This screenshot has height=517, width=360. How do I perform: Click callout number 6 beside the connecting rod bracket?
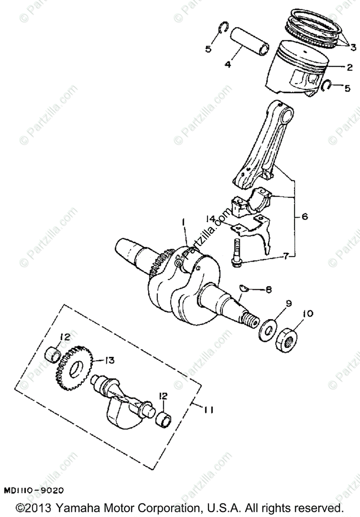click(x=304, y=217)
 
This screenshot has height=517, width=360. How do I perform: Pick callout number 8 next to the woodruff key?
click(x=268, y=290)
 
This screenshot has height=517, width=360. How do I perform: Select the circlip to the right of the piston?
click(x=327, y=86)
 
